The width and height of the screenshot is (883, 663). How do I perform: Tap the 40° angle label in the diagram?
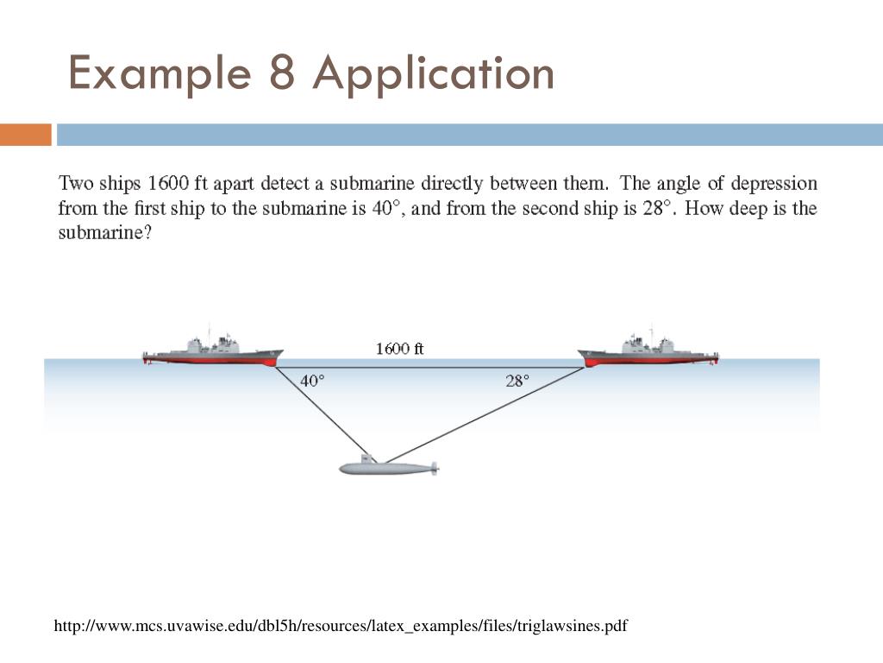(312, 381)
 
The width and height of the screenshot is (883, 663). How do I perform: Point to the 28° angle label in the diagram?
(517, 381)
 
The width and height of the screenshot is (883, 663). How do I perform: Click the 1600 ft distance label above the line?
(400, 349)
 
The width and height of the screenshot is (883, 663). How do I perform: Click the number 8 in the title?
(282, 73)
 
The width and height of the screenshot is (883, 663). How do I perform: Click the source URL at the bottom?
(341, 625)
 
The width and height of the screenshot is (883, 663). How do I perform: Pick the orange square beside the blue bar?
(25, 135)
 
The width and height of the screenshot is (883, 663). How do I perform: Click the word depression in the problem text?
(772, 184)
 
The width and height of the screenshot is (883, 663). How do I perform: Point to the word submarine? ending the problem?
(104, 234)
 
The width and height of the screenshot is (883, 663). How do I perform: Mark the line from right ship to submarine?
(483, 414)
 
